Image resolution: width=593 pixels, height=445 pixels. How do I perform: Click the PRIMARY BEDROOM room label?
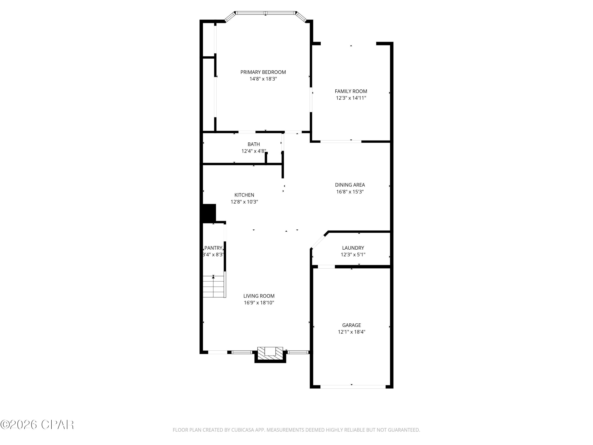pos(263,72)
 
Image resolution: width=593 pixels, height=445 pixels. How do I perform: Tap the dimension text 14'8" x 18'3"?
pos(263,79)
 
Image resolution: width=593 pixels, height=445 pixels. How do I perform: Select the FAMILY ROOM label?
pos(351,91)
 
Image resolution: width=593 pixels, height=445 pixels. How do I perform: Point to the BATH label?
pos(253,144)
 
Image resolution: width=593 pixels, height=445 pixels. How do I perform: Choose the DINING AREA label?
pos(350,185)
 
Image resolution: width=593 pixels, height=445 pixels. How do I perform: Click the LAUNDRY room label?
pos(353,248)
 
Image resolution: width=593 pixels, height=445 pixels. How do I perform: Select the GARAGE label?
pos(351,325)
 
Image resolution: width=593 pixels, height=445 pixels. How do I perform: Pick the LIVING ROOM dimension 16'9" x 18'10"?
pos(259,303)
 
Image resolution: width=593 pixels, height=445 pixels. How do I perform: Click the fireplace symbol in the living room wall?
pos(270,354)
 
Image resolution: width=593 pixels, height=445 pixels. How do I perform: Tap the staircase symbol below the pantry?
pos(213,286)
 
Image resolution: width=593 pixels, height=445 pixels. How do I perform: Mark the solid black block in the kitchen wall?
pos(209,213)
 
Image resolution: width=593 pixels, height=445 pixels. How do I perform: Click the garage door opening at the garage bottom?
pos(353,387)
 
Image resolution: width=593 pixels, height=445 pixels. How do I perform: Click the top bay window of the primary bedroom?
pos(265,13)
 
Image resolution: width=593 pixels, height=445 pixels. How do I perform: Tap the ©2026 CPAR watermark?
pos(37,425)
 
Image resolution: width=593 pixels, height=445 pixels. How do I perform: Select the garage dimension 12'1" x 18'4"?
pos(351,332)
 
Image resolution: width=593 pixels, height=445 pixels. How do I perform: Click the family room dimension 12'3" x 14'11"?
pos(351,98)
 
